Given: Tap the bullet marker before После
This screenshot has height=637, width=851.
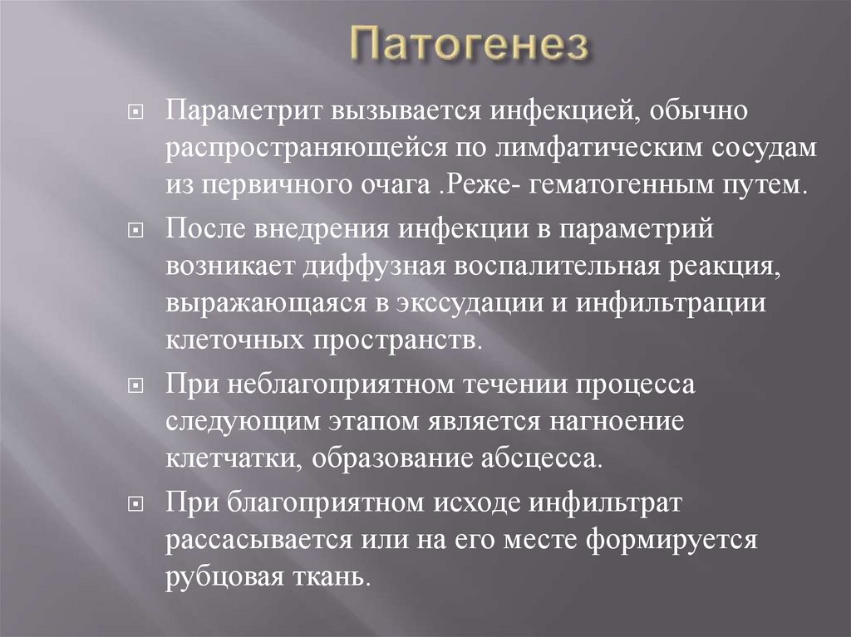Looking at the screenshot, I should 137,231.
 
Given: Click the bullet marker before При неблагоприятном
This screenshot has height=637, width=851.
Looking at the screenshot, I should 137,387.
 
